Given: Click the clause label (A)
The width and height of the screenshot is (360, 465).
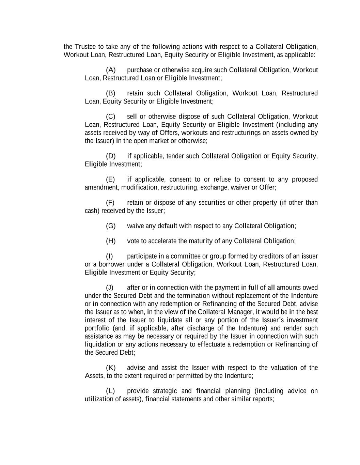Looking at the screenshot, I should (111, 70).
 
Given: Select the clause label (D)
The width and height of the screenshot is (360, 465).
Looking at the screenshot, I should (111, 156).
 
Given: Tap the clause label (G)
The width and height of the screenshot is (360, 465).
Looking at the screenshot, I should (111, 226).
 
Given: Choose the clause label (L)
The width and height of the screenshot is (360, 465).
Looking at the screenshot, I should (110, 391).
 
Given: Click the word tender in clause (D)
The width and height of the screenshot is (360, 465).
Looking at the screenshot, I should (176, 156).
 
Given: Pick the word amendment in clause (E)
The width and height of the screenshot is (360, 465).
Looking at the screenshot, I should (102, 188).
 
